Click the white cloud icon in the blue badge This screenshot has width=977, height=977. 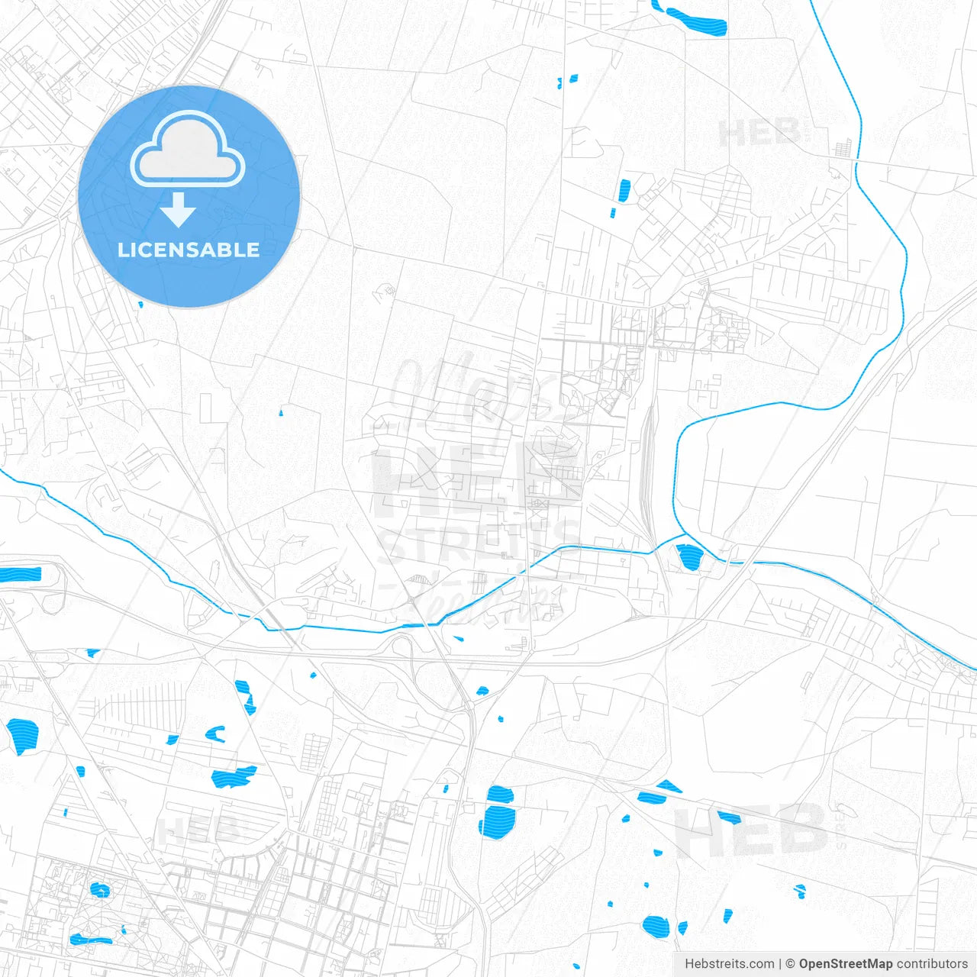tap(187, 150)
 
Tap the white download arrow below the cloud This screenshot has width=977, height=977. tap(178, 209)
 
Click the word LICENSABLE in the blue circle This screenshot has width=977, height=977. tap(189, 250)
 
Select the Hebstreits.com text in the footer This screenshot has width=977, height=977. tap(729, 964)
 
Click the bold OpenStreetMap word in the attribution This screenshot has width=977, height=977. tap(845, 964)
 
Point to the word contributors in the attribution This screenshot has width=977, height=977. tap(931, 964)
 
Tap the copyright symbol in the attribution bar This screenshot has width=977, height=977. tap(791, 964)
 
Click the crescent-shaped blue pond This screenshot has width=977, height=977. tap(216, 734)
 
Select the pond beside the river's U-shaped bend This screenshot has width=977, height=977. tap(689, 556)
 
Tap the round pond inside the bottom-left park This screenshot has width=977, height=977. tap(99, 889)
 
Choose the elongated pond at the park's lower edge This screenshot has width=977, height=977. tap(90, 939)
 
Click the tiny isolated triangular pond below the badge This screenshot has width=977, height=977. tap(281, 413)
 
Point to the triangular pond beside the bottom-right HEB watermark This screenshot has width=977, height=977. tap(669, 785)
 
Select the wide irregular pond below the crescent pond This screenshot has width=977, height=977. tap(233, 777)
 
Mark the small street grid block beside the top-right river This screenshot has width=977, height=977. tap(843, 147)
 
